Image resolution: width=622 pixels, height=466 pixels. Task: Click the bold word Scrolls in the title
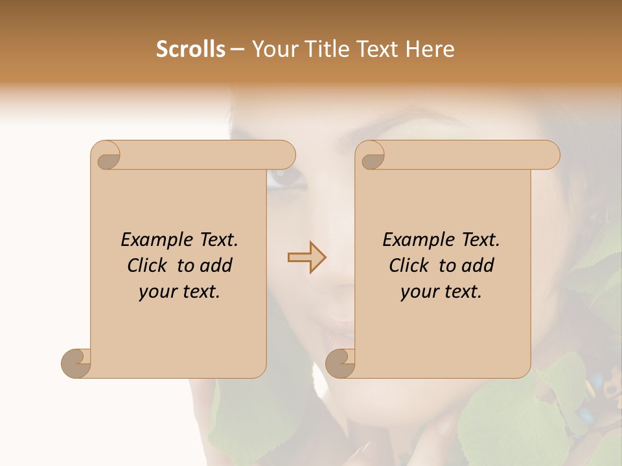click(190, 49)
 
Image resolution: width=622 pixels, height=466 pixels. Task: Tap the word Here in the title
click(430, 49)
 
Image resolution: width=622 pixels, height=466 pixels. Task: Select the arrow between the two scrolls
click(307, 258)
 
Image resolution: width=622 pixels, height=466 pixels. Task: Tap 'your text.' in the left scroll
click(179, 292)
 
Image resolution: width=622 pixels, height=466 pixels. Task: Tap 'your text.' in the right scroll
click(441, 292)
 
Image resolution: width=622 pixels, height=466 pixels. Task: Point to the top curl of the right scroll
click(372, 156)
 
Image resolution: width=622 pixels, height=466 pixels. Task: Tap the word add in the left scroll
click(216, 265)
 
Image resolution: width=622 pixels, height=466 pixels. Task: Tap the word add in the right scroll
click(478, 265)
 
